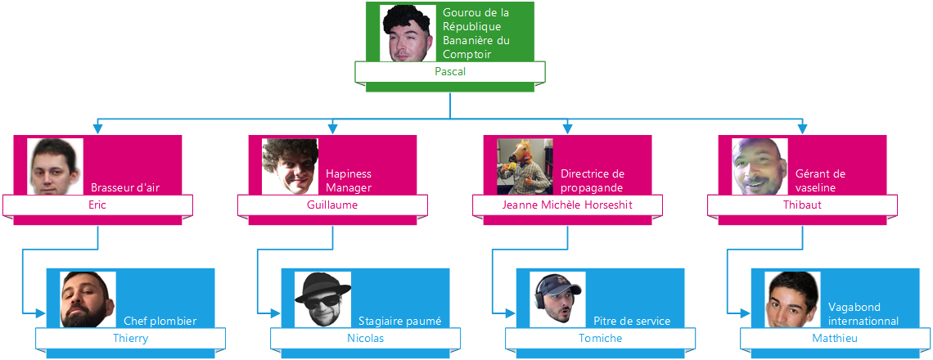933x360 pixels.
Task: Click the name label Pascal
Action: click(449, 72)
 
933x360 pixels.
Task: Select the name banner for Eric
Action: click(97, 205)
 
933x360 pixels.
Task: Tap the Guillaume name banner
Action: click(332, 205)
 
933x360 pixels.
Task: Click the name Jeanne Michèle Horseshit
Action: click(567, 205)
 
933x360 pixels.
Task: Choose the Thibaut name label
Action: click(802, 205)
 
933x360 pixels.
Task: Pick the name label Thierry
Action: click(130, 338)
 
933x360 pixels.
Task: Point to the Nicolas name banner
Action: click(365, 338)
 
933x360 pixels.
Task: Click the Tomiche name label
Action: click(600, 338)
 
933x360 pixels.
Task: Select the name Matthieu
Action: click(835, 338)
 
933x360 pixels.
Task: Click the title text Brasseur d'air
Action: click(124, 187)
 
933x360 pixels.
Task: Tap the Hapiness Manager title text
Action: click(349, 181)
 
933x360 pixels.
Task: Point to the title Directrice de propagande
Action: click(593, 181)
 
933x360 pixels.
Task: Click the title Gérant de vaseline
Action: click(821, 181)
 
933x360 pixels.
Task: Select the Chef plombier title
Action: click(160, 321)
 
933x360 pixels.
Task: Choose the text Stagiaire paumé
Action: click(399, 321)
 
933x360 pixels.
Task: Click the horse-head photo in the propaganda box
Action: click(525, 166)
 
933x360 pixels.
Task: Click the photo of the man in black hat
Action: click(322, 299)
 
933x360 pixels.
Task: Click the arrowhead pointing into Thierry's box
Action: click(42, 313)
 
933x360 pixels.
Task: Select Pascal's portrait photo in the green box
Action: click(408, 34)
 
